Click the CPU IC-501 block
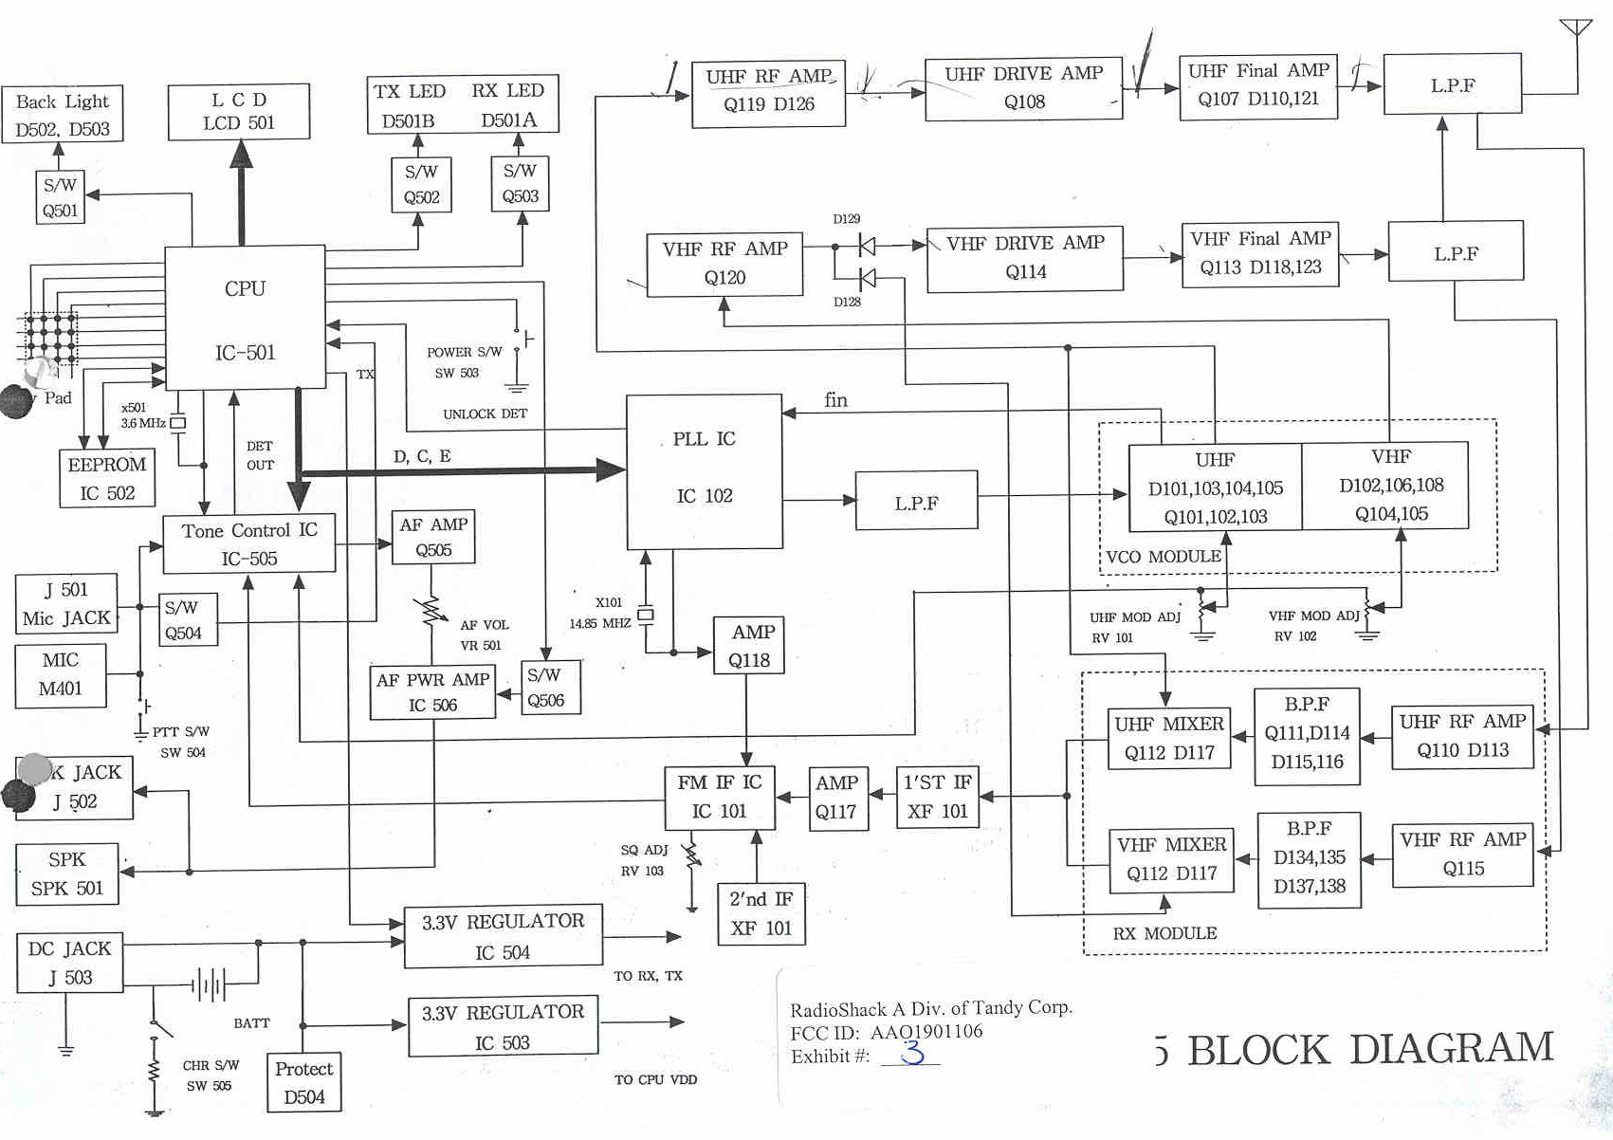(x=245, y=318)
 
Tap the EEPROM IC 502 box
(x=106, y=479)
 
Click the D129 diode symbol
(x=866, y=247)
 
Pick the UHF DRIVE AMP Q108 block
(x=1023, y=88)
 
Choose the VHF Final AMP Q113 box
(x=1260, y=253)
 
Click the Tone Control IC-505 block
(x=249, y=544)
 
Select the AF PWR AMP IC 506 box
(x=432, y=692)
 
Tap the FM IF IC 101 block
(x=719, y=797)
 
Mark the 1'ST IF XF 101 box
(x=937, y=797)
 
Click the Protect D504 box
(x=303, y=1082)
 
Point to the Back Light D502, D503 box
(x=63, y=114)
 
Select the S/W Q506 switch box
(x=550, y=688)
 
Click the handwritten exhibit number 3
(x=912, y=1052)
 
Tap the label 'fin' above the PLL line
(x=835, y=400)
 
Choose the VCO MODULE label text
(x=1164, y=557)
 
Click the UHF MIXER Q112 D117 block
(x=1169, y=738)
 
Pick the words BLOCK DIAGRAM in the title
(x=1370, y=1050)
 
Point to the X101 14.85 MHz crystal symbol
(x=646, y=615)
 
